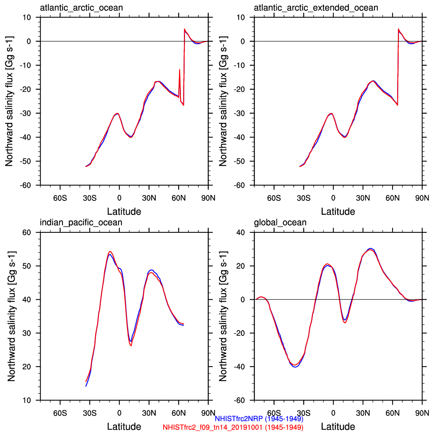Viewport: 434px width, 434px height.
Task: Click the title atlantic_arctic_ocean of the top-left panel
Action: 81,8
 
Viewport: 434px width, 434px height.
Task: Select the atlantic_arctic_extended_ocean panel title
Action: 316,8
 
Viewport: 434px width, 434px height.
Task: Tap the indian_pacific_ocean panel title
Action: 81,223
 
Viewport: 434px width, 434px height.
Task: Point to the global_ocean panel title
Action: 280,223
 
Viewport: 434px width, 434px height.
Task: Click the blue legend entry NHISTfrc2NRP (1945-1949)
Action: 259,419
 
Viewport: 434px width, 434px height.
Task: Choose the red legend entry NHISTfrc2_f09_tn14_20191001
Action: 233,427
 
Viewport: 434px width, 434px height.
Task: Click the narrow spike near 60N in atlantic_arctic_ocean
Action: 179,70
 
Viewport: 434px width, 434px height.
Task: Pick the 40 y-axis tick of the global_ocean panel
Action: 240,232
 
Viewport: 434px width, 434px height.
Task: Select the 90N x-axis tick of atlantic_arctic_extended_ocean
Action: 422,198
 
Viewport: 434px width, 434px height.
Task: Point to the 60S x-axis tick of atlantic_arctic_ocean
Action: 60,198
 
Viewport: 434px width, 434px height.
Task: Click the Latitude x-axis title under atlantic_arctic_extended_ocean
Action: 338,212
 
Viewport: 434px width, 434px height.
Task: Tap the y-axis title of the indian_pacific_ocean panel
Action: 11,316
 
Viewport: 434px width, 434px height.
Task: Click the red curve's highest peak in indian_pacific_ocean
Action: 110,252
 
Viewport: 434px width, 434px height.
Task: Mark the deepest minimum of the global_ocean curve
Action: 295,366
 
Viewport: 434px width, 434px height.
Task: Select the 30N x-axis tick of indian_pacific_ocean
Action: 149,413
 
